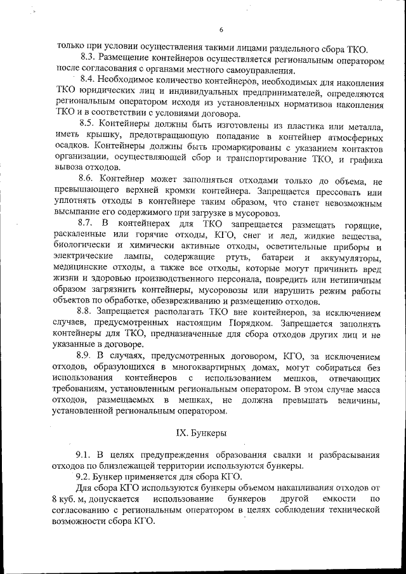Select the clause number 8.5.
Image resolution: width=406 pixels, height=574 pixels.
88,124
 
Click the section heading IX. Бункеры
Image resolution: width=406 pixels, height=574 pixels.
202,433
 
